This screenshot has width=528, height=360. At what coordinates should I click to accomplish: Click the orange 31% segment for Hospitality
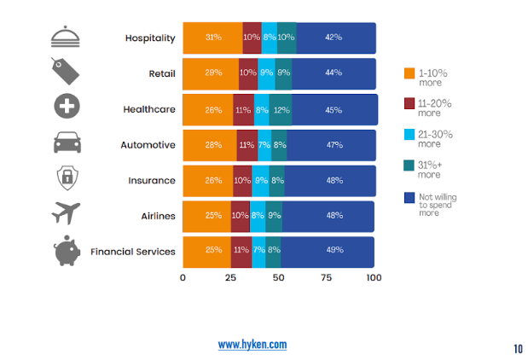click(x=212, y=38)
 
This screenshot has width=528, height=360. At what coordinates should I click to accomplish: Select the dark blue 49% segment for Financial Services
click(x=334, y=250)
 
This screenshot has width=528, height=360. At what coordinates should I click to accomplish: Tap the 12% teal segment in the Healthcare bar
click(x=281, y=109)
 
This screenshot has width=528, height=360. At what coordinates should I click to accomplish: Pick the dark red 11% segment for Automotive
click(x=247, y=145)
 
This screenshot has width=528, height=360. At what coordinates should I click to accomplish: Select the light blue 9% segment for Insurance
click(x=260, y=180)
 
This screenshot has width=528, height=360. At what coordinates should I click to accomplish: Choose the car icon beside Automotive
click(x=67, y=142)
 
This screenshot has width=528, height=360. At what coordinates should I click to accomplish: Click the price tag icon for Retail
click(x=67, y=72)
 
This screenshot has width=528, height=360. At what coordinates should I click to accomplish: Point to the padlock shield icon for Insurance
click(x=67, y=178)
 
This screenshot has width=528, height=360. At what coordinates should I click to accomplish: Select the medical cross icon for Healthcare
click(x=67, y=107)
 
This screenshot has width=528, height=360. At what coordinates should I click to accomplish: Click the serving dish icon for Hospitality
click(x=67, y=37)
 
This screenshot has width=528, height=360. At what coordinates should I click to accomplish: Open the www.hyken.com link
click(x=252, y=344)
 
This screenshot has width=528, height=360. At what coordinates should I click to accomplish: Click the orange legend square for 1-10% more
click(x=409, y=73)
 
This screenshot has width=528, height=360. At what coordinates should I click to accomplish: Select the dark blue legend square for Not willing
click(x=409, y=198)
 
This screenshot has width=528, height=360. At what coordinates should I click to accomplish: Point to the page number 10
click(x=518, y=348)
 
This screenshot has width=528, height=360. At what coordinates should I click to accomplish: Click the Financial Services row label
click(x=133, y=251)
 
